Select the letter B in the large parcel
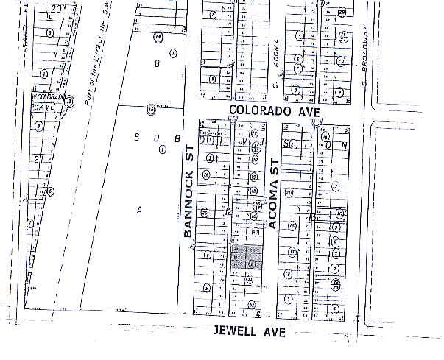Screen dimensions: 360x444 click(156, 64)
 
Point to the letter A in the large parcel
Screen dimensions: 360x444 click(138, 210)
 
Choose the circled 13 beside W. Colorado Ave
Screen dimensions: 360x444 click(69, 102)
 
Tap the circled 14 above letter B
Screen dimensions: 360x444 click(158, 37)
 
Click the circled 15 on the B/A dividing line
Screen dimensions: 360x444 click(151, 109)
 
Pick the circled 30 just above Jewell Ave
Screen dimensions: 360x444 click(252, 304)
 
